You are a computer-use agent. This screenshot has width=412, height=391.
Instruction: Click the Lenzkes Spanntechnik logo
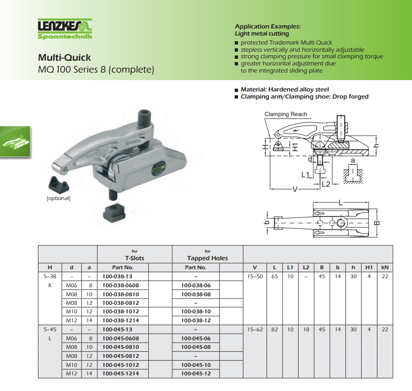(65, 29)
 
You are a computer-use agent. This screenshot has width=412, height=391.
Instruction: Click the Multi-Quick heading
(64, 57)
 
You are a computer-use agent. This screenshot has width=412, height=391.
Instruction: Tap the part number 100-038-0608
(120, 285)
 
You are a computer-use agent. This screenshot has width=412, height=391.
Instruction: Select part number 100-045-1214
(120, 373)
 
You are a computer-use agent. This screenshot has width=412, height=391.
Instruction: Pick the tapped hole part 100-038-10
(196, 311)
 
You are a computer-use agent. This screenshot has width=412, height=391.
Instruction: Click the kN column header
(385, 267)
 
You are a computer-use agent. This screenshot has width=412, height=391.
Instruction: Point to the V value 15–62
(255, 329)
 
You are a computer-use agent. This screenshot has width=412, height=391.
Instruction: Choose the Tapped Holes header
(208, 258)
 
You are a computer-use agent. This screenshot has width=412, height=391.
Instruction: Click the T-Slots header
(135, 258)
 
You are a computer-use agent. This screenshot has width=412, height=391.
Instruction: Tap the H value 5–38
(50, 276)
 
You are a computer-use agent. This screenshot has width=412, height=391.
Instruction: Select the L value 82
(275, 329)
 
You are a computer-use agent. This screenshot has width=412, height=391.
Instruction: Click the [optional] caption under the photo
(58, 198)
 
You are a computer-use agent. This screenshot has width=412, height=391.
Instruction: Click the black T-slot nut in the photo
(114, 213)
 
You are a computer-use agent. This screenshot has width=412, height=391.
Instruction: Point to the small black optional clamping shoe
(59, 184)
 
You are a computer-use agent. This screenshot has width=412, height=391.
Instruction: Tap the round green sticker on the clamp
(158, 168)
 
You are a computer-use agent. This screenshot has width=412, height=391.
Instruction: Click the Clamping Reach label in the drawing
(285, 114)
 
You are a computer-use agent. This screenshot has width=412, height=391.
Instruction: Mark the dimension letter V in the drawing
(295, 189)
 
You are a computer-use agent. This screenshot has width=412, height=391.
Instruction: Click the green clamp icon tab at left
(15, 142)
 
